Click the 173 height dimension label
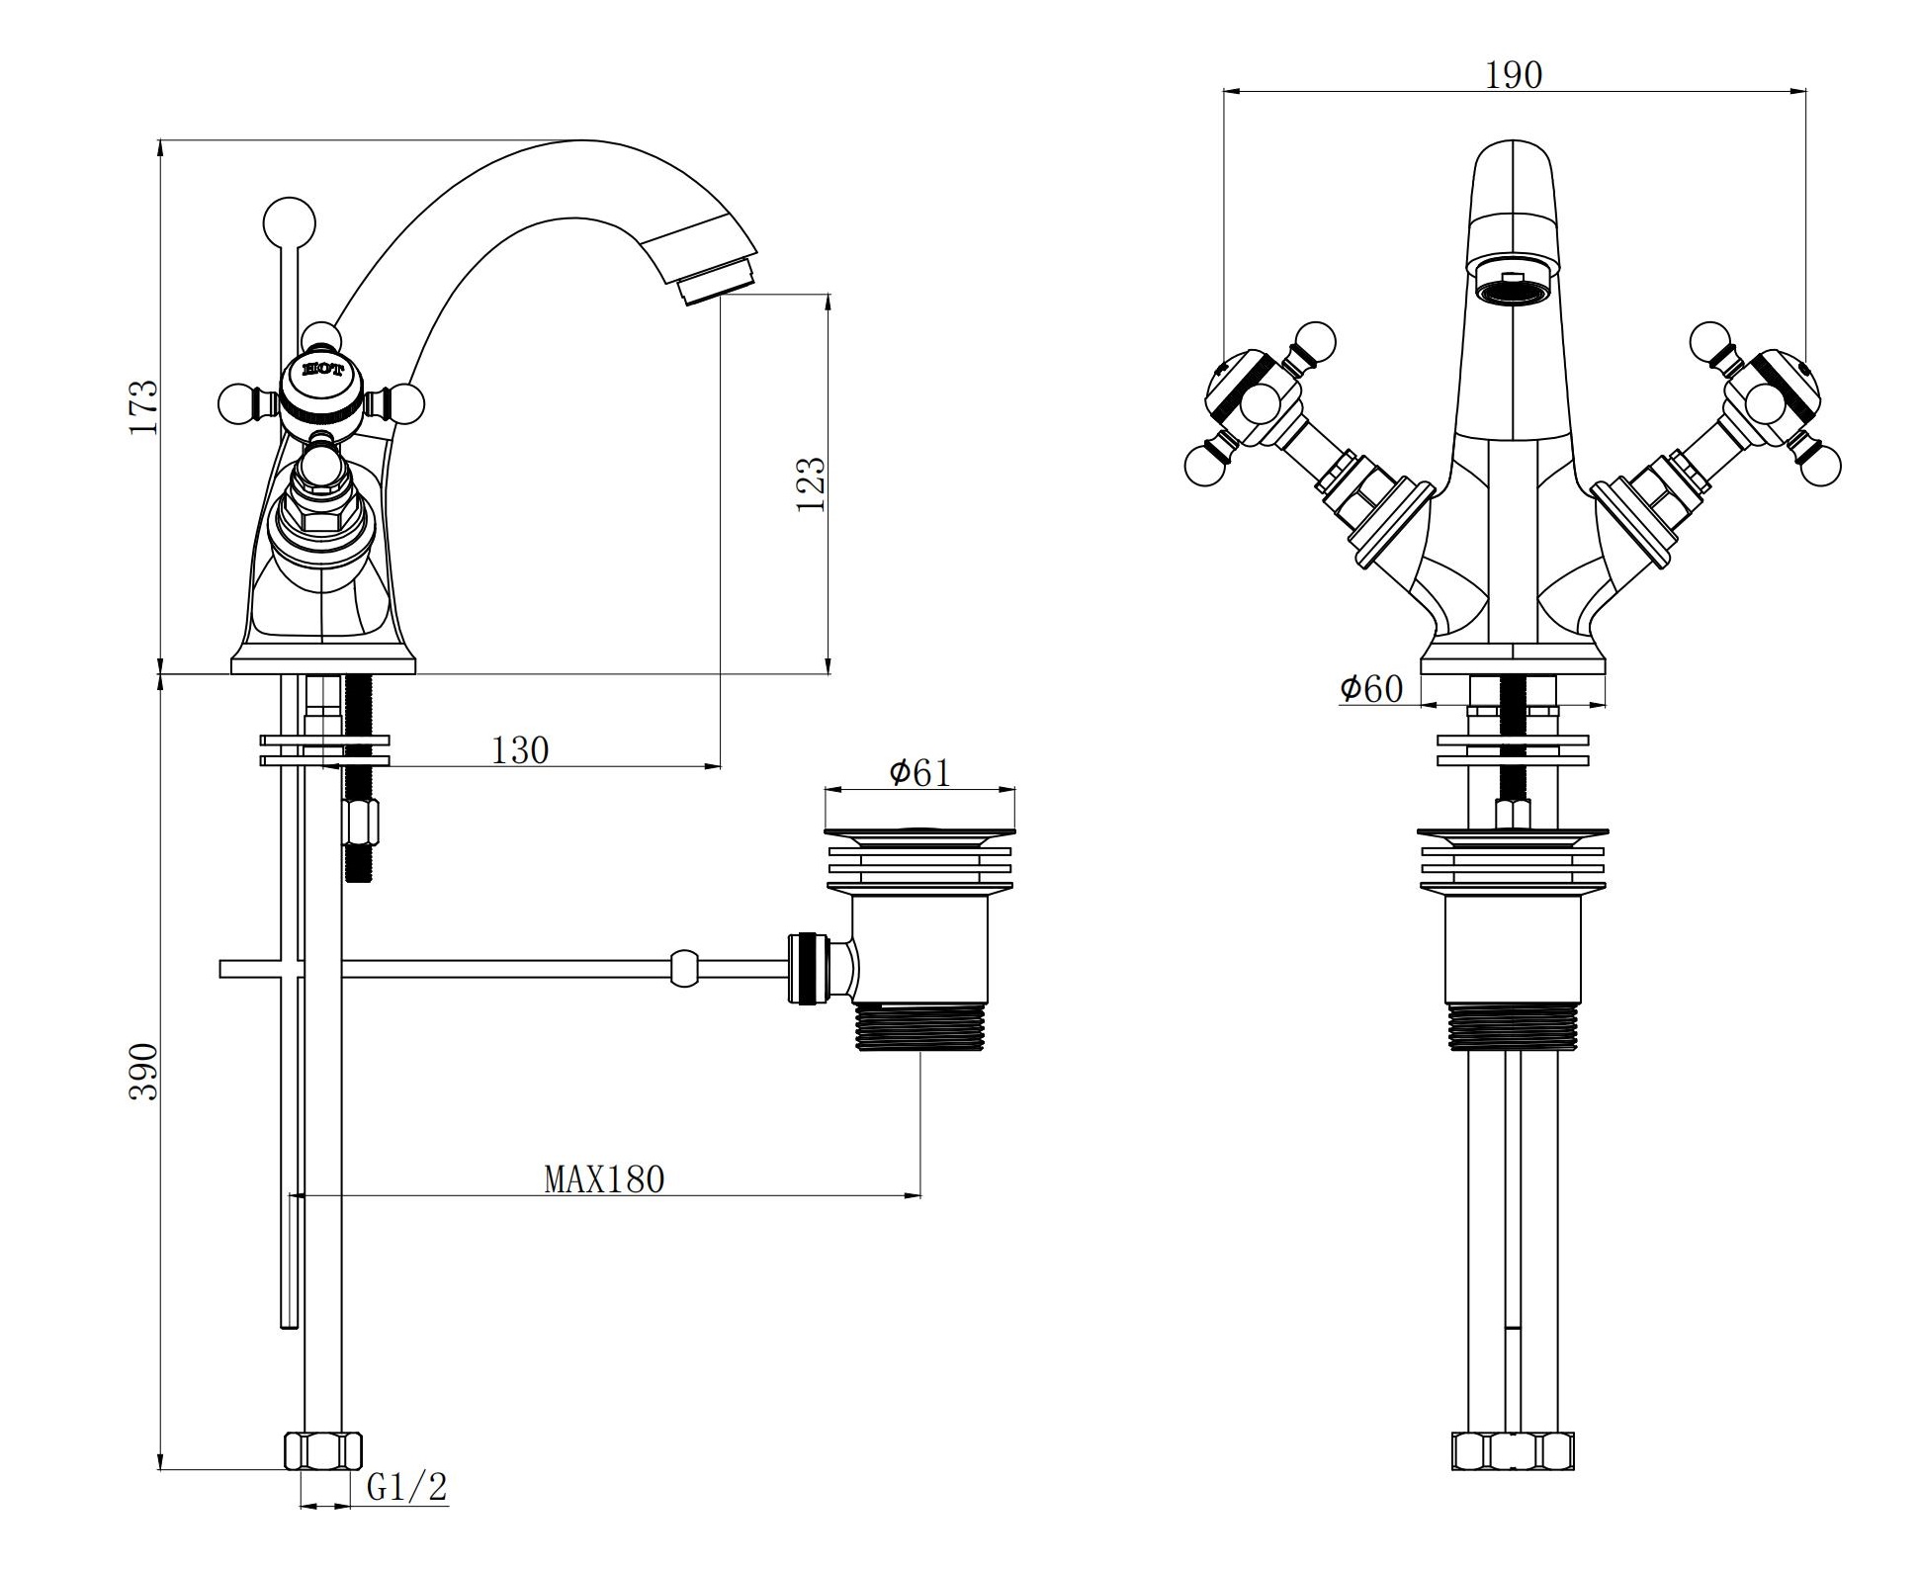click(x=143, y=406)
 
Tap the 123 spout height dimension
click(x=811, y=482)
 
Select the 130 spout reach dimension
click(x=520, y=750)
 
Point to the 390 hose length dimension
click(x=143, y=1071)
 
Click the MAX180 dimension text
click(x=604, y=1178)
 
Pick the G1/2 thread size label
click(x=407, y=1486)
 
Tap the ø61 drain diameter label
click(x=919, y=772)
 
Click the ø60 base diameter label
click(x=1371, y=688)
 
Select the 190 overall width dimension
click(x=1514, y=75)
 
